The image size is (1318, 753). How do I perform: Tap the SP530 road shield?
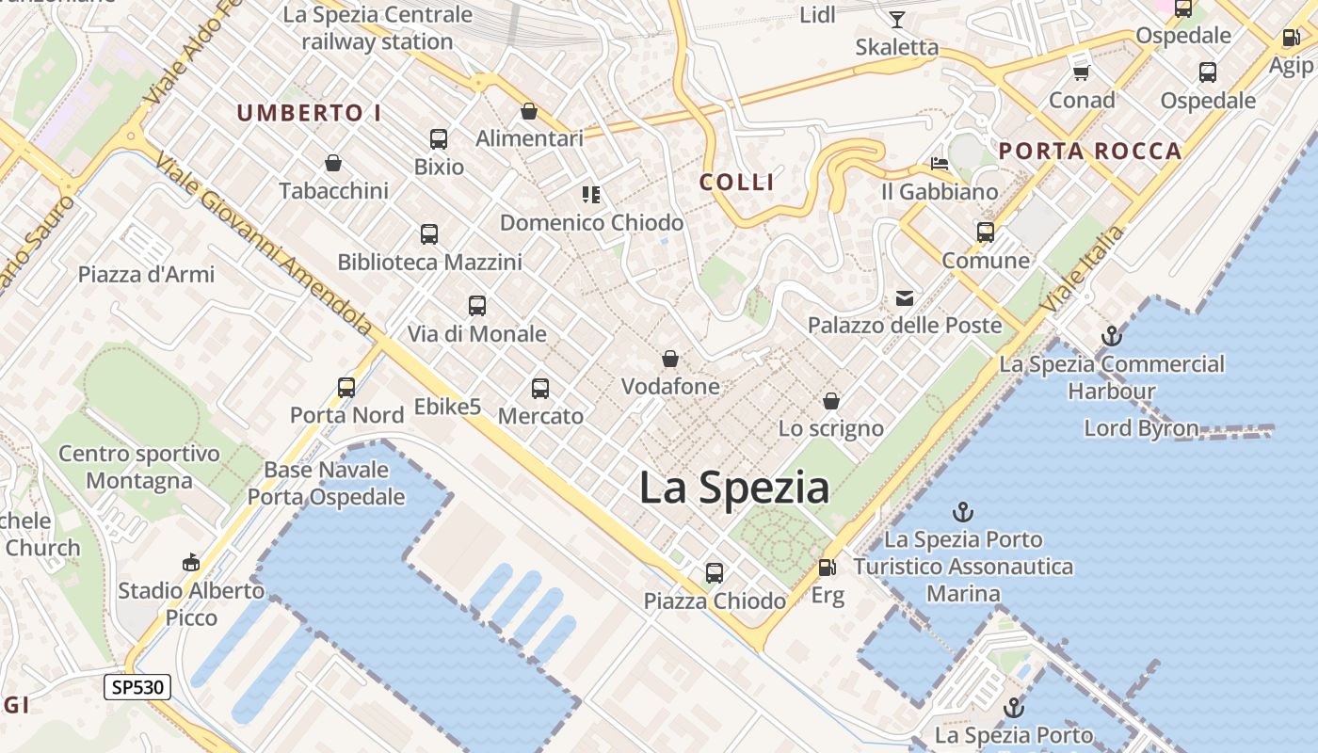coord(137,687)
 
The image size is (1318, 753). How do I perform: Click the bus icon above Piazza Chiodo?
coord(715,572)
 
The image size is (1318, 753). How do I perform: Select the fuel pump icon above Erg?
coord(827,567)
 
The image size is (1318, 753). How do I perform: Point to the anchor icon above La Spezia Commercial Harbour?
coord(1112,336)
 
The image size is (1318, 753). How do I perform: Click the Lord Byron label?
coord(1141,428)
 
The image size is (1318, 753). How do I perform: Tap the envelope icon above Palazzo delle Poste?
coord(905,298)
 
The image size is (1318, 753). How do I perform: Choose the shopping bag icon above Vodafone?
coord(670,359)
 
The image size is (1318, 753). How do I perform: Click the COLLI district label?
coord(737,183)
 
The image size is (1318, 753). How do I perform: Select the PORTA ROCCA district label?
coord(1090,151)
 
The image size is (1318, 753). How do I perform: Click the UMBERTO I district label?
coord(309,114)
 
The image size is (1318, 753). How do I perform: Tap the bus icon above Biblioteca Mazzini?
coord(429,234)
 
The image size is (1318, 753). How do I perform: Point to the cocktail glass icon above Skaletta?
coord(897,19)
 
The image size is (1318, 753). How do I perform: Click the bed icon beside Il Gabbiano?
coord(940,164)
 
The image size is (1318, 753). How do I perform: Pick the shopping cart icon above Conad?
coord(1081,72)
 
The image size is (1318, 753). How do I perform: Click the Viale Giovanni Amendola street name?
coord(265,244)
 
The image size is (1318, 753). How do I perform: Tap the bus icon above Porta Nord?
coord(346,387)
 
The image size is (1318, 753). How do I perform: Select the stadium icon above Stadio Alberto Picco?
coord(191,562)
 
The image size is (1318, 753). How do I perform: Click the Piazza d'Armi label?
coord(146,275)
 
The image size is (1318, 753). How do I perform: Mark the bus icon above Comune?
coord(986,232)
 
